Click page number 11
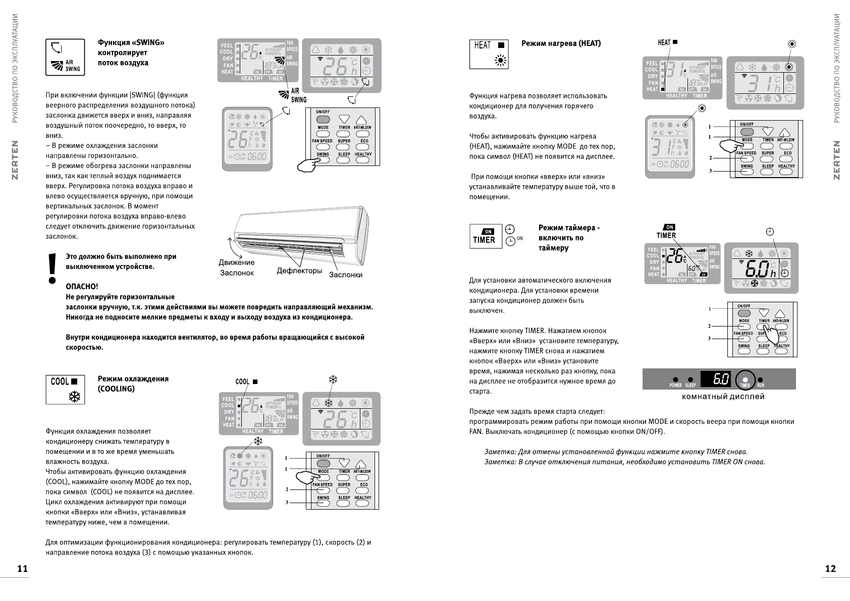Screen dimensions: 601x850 point(22,569)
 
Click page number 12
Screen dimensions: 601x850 point(830,569)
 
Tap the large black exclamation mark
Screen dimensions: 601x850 point(51,268)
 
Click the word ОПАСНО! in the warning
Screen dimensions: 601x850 point(82,287)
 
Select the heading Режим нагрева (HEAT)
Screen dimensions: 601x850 point(561,43)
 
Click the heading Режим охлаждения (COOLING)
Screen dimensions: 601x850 point(133,384)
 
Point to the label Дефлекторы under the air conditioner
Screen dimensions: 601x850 point(299,271)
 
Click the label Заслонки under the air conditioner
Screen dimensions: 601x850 point(346,275)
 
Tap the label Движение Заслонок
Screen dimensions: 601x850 point(236,267)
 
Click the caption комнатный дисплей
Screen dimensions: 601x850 point(723,397)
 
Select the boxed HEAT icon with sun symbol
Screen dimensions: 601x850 point(489,53)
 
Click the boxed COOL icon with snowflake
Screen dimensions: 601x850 point(65,390)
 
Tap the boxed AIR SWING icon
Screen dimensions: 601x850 point(65,57)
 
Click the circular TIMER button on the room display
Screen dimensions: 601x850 point(746,380)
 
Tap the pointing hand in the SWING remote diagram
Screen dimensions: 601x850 point(308,165)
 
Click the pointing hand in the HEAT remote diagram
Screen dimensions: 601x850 point(727,146)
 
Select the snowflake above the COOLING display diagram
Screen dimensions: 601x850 point(333,379)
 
